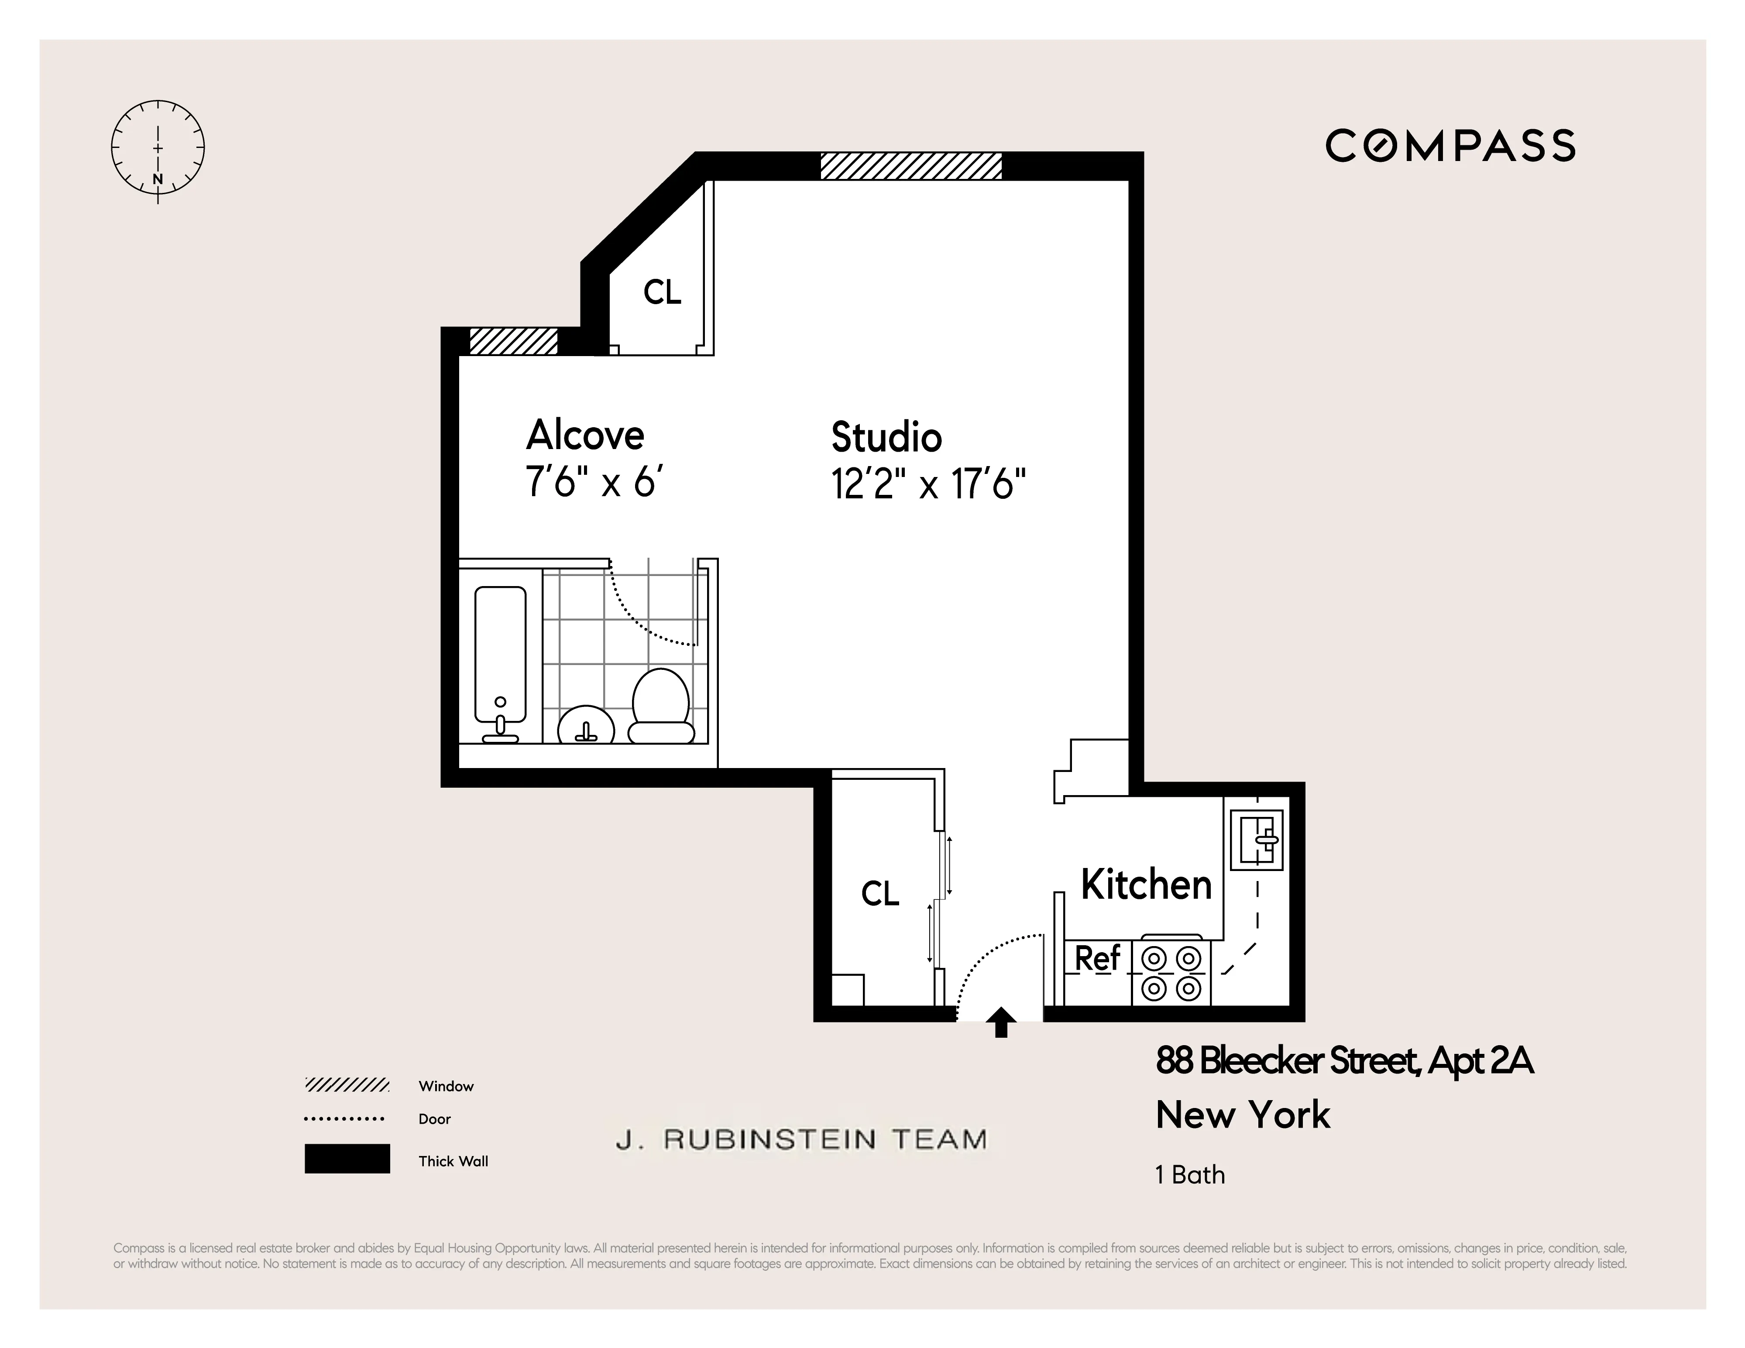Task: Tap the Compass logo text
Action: (1450, 146)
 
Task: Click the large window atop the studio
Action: (911, 166)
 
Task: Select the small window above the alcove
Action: (513, 341)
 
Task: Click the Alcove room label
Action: (585, 436)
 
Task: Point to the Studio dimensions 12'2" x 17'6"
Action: (928, 484)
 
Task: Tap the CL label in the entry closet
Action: (879, 893)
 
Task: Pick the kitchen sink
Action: (1257, 839)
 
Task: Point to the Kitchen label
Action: (1146, 885)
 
